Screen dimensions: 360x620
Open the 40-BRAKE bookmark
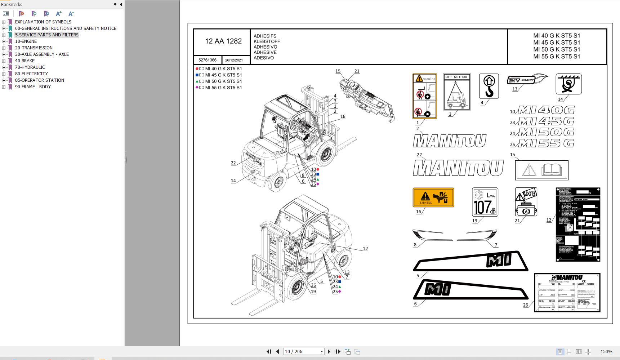tap(25, 61)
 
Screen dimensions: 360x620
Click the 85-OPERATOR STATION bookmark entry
tap(40, 80)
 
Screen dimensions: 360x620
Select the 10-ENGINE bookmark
tap(26, 41)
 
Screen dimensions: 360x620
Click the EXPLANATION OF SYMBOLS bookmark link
tap(43, 22)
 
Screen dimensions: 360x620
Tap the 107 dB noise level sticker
tap(485, 202)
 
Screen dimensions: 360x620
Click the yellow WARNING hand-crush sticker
tap(433, 197)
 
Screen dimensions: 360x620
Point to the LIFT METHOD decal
tap(456, 92)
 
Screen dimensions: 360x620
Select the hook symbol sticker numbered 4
tap(489, 86)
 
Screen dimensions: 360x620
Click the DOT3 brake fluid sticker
tap(526, 202)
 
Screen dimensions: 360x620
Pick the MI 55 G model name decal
tap(546, 143)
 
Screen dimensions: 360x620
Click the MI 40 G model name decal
tap(546, 110)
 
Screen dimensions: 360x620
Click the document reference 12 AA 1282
tap(223, 41)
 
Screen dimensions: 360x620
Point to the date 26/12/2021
tap(234, 60)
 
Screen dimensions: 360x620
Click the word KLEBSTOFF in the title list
tap(267, 41)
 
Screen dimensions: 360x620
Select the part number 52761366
tap(208, 60)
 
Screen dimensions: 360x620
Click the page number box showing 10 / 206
tap(302, 352)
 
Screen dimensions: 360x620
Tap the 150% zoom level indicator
tap(606, 352)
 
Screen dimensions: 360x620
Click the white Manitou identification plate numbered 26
tap(567, 292)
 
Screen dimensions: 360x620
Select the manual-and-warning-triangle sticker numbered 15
tap(541, 170)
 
